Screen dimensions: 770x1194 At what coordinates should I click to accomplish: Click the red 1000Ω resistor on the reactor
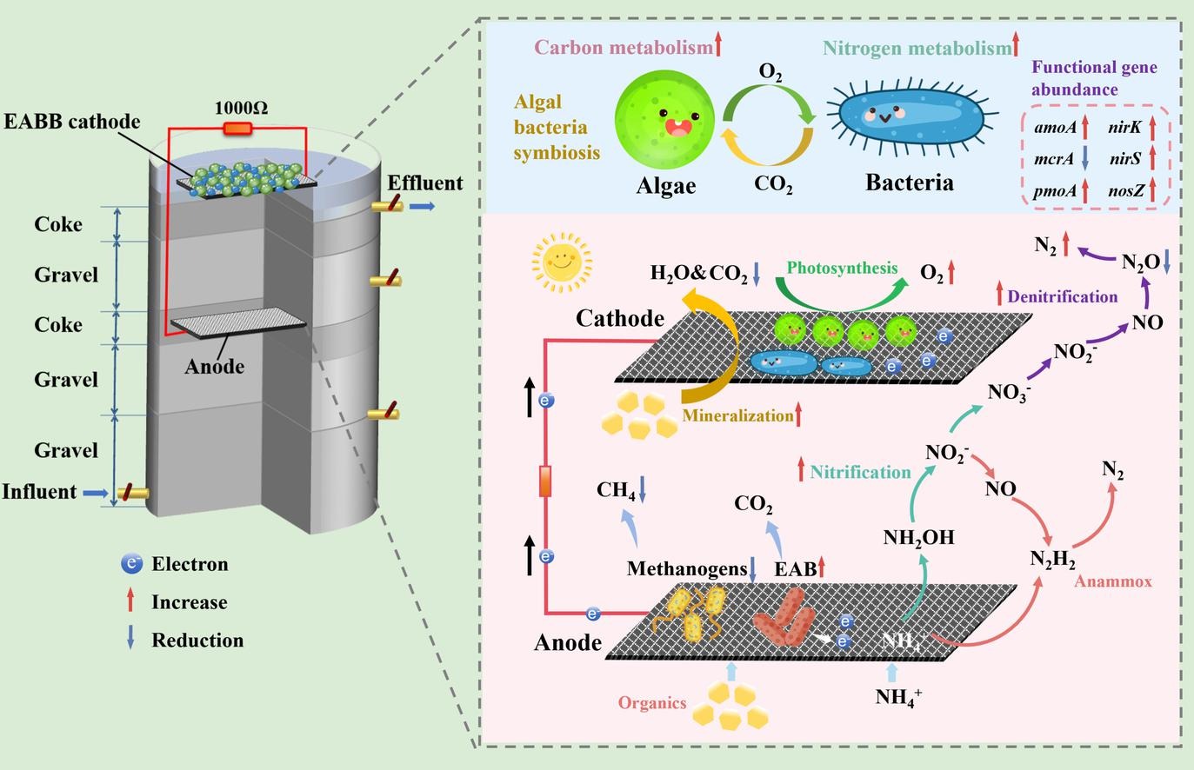(x=237, y=129)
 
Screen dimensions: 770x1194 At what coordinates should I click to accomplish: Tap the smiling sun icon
(x=561, y=260)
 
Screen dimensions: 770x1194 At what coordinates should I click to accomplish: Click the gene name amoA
(x=1055, y=128)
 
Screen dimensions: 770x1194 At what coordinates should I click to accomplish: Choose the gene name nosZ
(x=1126, y=191)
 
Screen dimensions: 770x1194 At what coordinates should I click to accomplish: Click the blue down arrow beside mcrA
(x=1084, y=160)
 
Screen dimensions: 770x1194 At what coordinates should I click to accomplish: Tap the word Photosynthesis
(x=842, y=268)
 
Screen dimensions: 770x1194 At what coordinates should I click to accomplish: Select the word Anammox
(x=1112, y=581)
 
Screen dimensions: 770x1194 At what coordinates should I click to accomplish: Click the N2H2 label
(x=1052, y=560)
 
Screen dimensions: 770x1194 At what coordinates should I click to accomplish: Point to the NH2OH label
(x=918, y=538)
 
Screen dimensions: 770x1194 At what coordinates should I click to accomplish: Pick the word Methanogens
(x=686, y=569)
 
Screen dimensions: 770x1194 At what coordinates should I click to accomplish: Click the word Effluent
(x=425, y=183)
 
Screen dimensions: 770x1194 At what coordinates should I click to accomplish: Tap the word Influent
(x=39, y=492)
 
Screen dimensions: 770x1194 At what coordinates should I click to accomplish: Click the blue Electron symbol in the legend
(x=131, y=564)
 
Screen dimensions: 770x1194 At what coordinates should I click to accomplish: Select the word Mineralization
(x=737, y=415)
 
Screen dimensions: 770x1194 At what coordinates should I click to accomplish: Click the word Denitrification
(x=1062, y=297)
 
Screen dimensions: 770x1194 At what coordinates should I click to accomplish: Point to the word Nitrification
(x=860, y=472)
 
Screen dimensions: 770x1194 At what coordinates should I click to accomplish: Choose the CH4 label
(x=616, y=490)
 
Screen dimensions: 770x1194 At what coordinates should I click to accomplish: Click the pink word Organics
(x=652, y=703)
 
